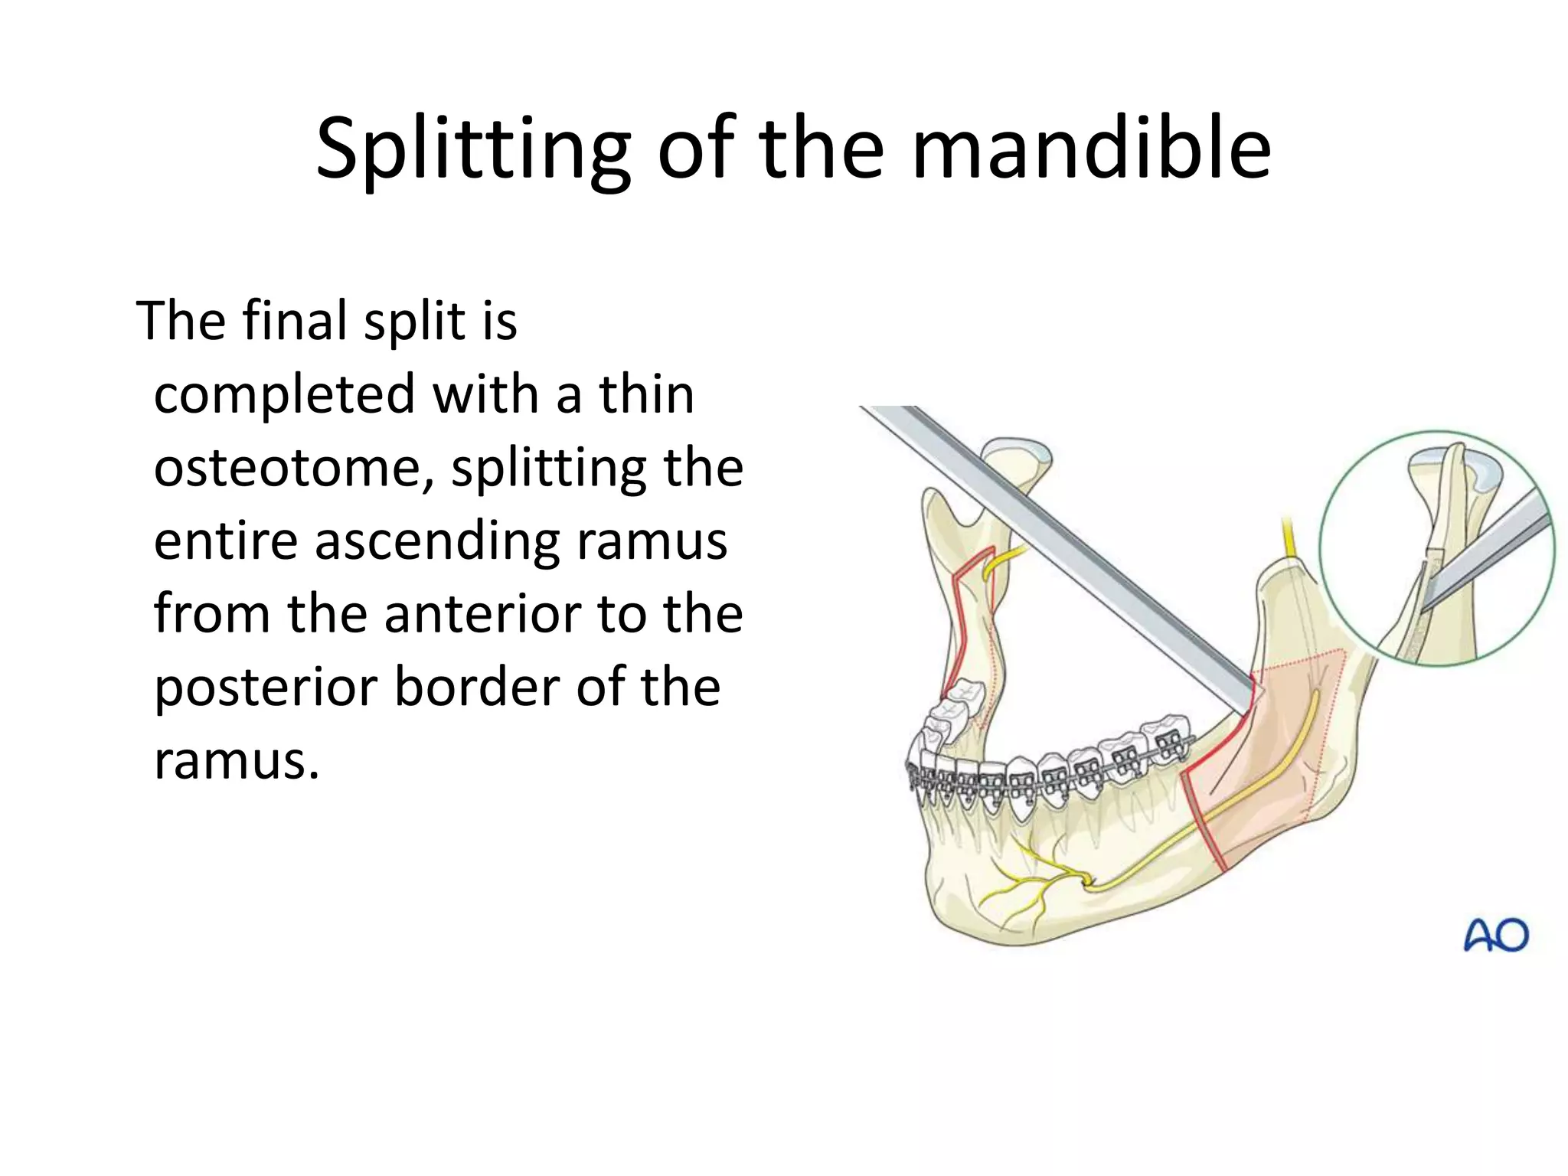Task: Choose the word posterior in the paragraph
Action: click(265, 688)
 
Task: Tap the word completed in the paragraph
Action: click(284, 394)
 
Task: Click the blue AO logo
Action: click(1495, 936)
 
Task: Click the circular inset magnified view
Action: click(1436, 548)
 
